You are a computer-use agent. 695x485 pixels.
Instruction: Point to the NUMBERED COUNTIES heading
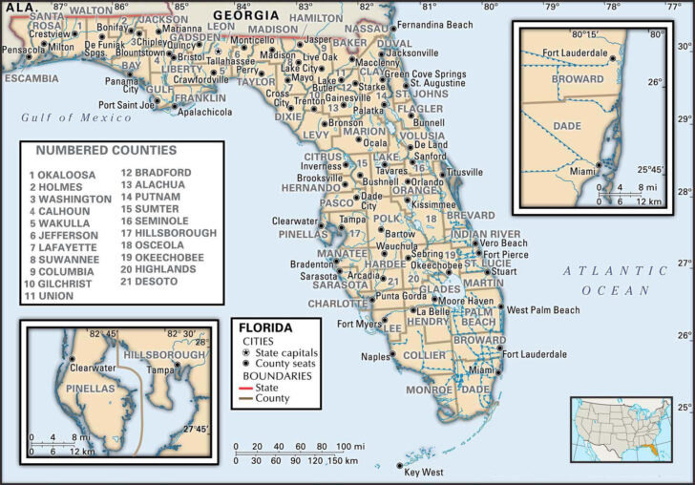[106, 150]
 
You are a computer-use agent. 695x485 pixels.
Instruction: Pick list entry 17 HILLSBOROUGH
[165, 232]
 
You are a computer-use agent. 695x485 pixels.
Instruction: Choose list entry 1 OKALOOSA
[63, 174]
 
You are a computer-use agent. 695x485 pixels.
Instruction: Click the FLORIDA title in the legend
[265, 327]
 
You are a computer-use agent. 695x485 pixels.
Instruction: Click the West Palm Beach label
[542, 310]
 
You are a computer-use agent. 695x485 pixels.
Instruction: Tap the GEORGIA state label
[246, 15]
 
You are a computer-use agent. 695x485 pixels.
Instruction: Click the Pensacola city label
[24, 49]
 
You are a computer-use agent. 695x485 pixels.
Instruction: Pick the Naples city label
[376, 357]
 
